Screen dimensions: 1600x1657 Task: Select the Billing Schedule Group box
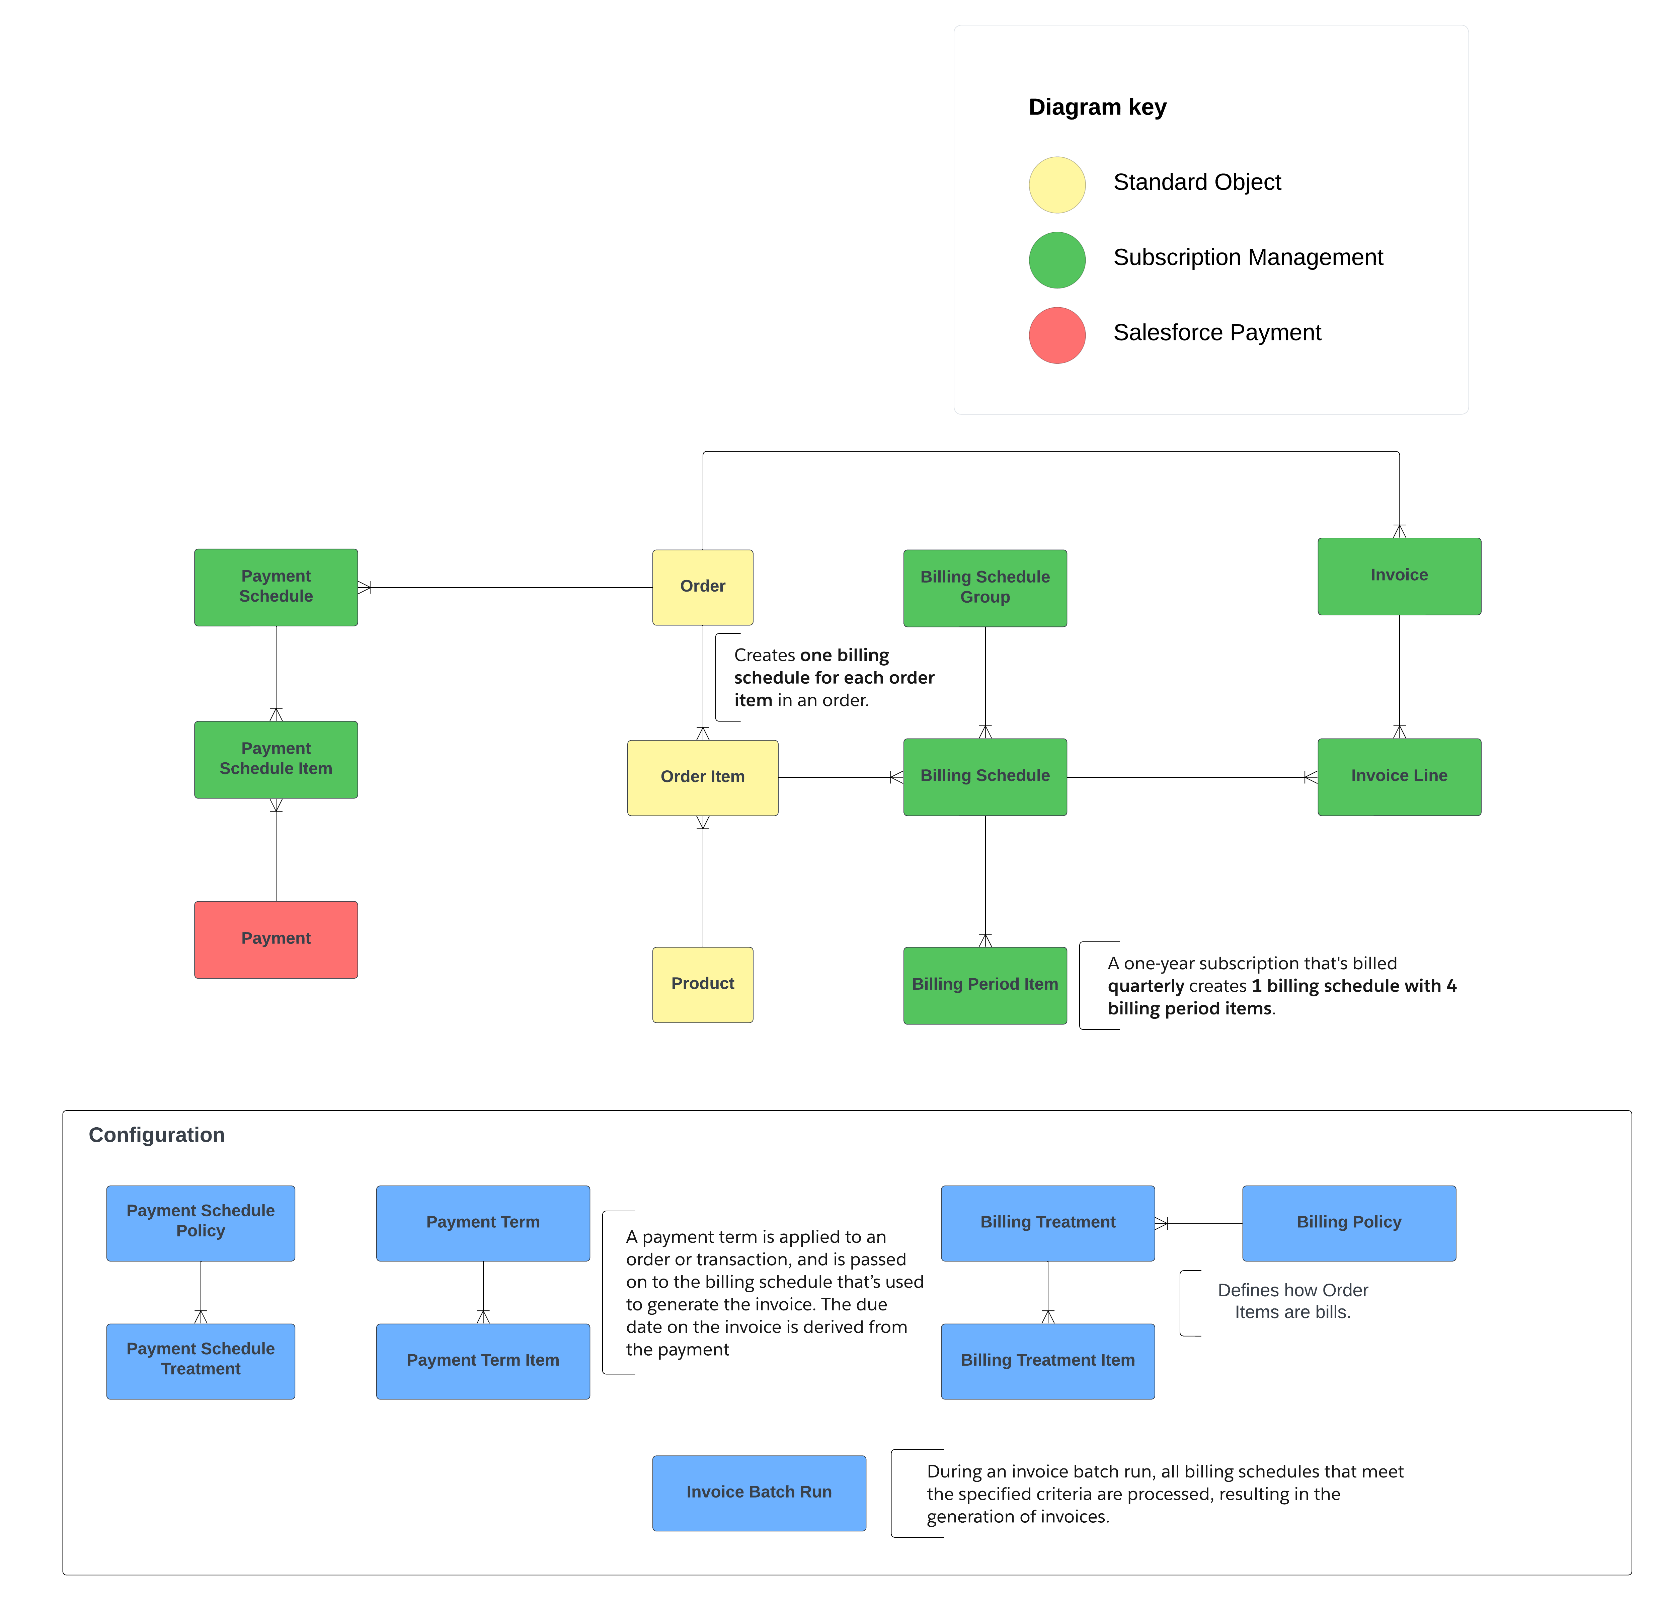(985, 588)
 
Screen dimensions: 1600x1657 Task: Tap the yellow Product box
(703, 984)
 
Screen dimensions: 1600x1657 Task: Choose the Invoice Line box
(1399, 776)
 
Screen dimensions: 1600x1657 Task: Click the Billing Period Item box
(985, 985)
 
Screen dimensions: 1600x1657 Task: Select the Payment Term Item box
(483, 1361)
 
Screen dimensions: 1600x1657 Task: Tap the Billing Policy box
(1348, 1223)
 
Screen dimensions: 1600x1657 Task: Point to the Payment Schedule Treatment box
(201, 1361)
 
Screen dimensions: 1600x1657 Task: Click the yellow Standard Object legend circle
(1057, 184)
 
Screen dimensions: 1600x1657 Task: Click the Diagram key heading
(1097, 107)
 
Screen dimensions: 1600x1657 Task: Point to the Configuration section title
(156, 1135)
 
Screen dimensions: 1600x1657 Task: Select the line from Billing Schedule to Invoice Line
(1184, 777)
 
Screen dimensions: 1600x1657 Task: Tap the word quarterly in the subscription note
(1146, 986)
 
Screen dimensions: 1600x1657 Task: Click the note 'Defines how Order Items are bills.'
(1292, 1301)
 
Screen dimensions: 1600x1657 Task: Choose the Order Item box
(703, 777)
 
